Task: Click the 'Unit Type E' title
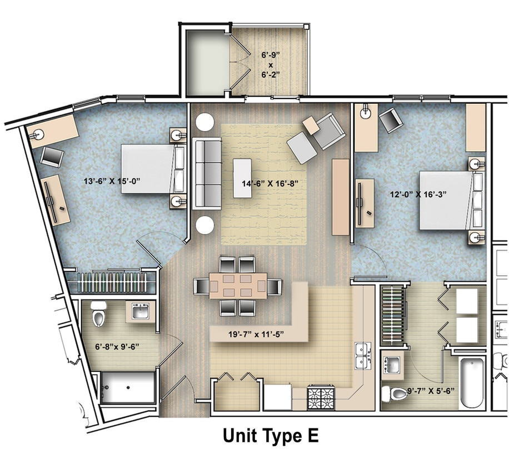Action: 271,435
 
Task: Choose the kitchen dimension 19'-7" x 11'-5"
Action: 260,335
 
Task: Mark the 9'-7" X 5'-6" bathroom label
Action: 431,390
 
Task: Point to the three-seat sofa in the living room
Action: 207,174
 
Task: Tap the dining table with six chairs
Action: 238,286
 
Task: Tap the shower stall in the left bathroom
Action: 127,387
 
